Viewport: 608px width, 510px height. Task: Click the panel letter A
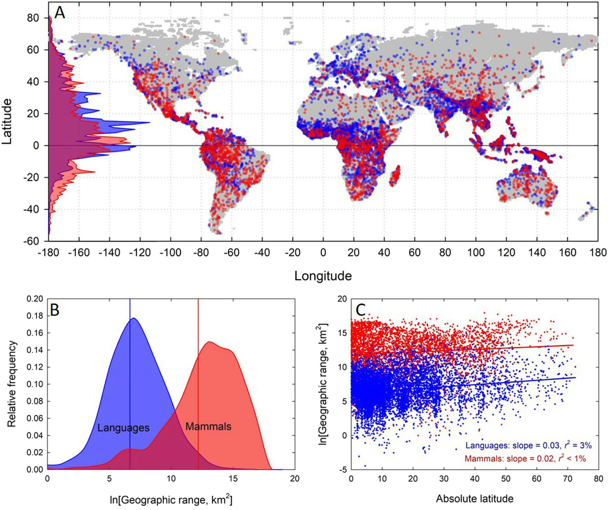pyautogui.click(x=60, y=13)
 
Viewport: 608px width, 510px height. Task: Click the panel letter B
pyautogui.click(x=54, y=310)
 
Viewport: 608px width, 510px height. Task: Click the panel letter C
pyautogui.click(x=361, y=310)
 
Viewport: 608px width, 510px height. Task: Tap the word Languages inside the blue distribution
pyautogui.click(x=123, y=428)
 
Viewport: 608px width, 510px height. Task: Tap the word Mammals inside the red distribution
pyautogui.click(x=208, y=427)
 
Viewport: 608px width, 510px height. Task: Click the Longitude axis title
pyautogui.click(x=323, y=276)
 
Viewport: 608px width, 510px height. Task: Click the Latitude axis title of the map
pyautogui.click(x=7, y=121)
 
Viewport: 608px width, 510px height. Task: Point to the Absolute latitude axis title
pyautogui.click(x=474, y=499)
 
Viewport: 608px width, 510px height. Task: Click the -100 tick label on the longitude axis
pyautogui.click(x=170, y=253)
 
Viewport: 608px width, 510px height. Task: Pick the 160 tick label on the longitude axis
pyautogui.click(x=567, y=253)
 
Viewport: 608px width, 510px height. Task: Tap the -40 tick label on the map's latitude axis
pyautogui.click(x=31, y=209)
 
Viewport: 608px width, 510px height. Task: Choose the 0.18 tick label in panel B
pyautogui.click(x=35, y=316)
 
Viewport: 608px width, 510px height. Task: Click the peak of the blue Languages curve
pyautogui.click(x=134, y=318)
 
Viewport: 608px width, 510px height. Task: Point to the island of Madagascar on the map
pyautogui.click(x=395, y=176)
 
